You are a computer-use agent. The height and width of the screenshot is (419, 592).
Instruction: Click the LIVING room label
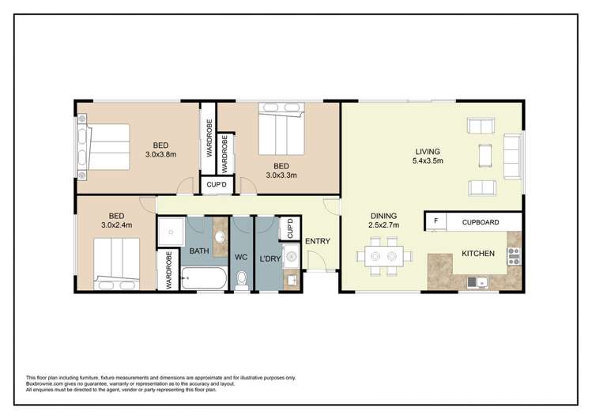[428, 151]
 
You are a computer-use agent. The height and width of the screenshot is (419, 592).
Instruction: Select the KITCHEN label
[478, 254]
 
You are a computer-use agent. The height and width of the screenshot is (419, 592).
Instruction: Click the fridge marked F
[435, 222]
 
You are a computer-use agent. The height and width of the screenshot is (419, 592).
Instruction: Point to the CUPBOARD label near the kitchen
[480, 222]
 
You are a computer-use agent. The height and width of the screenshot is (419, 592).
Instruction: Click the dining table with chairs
[383, 255]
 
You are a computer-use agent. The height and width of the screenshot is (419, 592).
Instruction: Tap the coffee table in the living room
[484, 154]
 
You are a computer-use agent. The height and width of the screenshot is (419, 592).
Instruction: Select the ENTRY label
[317, 242]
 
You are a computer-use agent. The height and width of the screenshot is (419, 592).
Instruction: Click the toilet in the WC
[243, 278]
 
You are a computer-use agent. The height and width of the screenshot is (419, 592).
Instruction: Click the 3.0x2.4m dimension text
[116, 226]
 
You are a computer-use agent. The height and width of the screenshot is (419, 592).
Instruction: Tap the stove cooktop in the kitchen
[513, 254]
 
